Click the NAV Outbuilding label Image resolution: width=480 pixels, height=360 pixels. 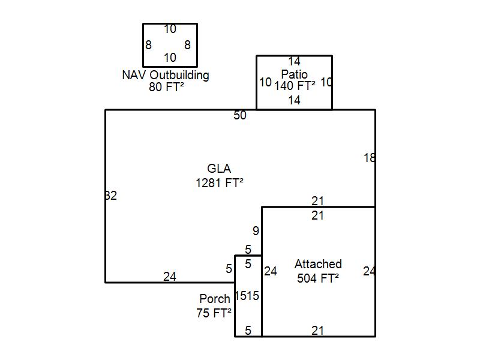[x=166, y=76]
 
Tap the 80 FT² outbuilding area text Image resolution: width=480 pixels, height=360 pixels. [x=166, y=87]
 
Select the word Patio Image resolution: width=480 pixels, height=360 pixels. [x=294, y=74]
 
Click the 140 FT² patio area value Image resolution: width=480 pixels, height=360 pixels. [x=295, y=86]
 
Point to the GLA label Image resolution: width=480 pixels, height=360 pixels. [x=219, y=169]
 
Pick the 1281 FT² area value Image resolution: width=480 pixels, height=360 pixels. [x=220, y=183]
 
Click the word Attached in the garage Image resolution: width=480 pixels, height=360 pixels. [x=318, y=264]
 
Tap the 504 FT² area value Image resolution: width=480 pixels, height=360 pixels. [x=318, y=278]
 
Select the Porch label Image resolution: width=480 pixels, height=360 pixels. [x=215, y=298]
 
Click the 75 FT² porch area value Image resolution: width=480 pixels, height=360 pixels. [x=214, y=313]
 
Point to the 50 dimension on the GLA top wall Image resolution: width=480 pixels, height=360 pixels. [x=240, y=115]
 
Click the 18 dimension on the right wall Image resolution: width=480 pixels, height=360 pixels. [x=370, y=158]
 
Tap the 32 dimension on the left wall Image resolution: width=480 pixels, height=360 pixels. [x=111, y=196]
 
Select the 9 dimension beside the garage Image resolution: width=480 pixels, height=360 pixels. [x=256, y=231]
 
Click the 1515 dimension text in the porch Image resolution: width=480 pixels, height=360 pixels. [x=247, y=296]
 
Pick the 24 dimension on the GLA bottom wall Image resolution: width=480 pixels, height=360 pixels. [x=170, y=277]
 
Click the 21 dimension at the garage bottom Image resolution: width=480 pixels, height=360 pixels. [x=317, y=331]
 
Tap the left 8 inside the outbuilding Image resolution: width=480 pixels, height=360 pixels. [x=148, y=45]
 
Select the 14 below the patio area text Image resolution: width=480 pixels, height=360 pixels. [x=294, y=100]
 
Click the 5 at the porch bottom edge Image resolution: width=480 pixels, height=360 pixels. [x=248, y=331]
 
